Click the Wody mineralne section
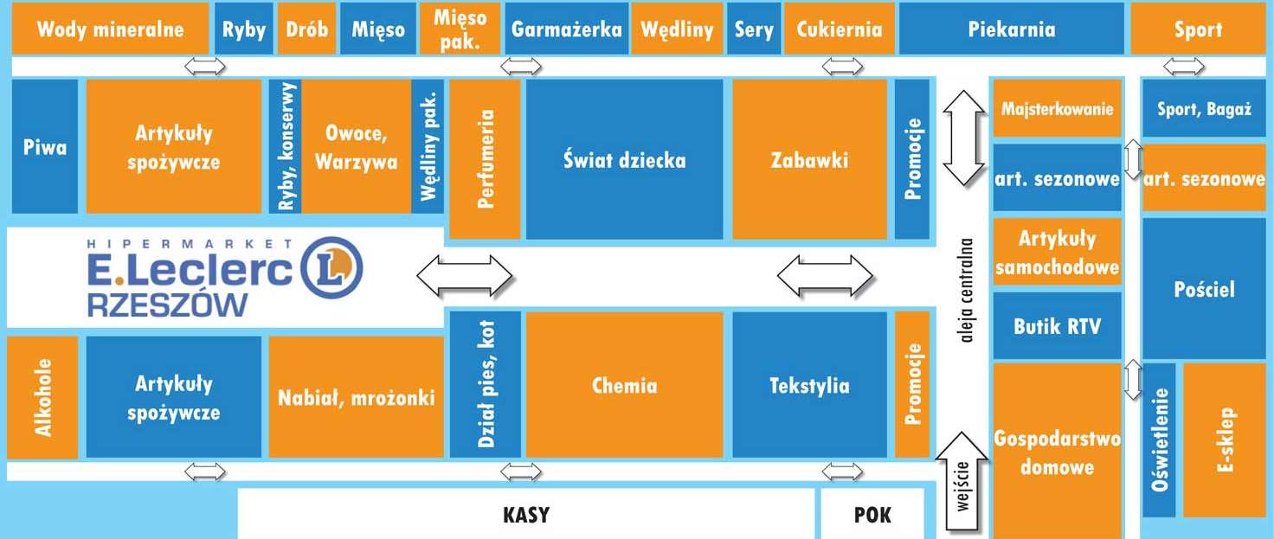pos(110,29)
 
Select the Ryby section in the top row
pos(243,29)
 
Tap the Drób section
pos(306,29)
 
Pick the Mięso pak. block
pos(460,29)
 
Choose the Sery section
pos(754,29)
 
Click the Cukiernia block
pos(839,29)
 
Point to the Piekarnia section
pos(1011,29)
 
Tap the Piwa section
pos(45,146)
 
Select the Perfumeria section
pos(485,159)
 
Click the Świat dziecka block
pos(625,159)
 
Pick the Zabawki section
pos(809,159)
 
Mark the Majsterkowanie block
pos(1058,108)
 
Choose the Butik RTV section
pos(1058,326)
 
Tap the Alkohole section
pos(42,397)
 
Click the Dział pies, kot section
pos(486,384)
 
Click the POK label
pos(872,515)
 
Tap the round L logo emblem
pos(331,268)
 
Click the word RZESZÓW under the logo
pos(168,305)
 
